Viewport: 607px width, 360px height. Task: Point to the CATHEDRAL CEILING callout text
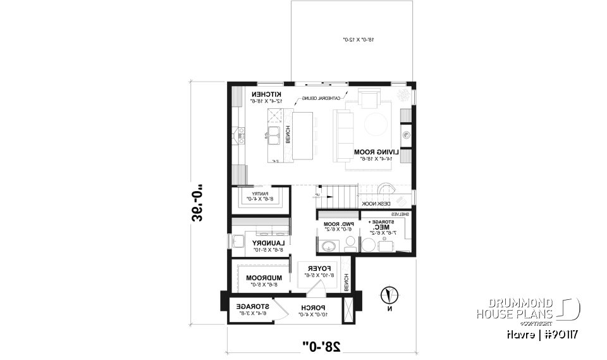[322, 98]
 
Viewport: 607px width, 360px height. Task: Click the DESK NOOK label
[376, 204]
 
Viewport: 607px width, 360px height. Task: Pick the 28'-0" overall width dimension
[321, 345]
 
